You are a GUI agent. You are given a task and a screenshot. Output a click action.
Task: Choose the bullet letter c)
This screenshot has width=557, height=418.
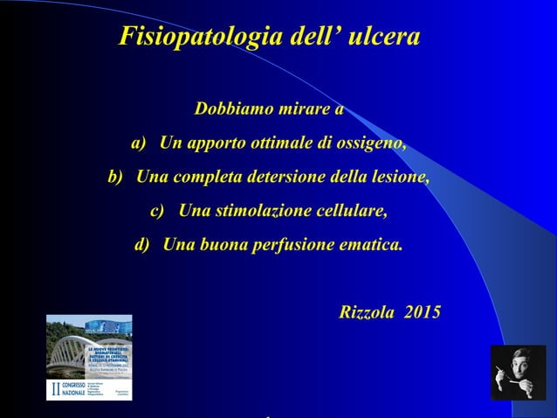click(157, 211)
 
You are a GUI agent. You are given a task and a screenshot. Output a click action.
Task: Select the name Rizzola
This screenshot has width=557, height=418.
click(367, 312)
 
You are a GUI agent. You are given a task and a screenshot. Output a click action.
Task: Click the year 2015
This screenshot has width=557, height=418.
click(423, 312)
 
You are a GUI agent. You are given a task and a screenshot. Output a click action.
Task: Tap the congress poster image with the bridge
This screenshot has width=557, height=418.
click(89, 357)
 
